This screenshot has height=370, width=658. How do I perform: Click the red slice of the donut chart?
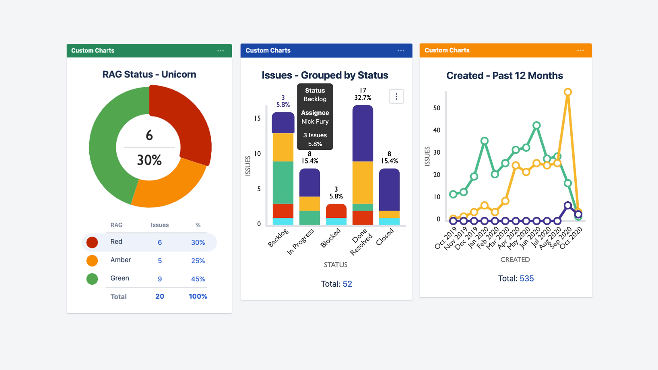[x=183, y=121]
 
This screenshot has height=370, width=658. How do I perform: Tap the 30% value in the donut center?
[x=149, y=160]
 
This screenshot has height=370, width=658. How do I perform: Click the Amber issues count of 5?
[x=160, y=261]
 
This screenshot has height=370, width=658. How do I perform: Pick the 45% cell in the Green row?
[x=198, y=279]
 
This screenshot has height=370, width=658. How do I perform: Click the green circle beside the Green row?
[x=92, y=279]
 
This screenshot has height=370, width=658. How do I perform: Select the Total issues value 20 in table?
[x=160, y=296]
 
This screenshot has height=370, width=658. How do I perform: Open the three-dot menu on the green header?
[x=221, y=51]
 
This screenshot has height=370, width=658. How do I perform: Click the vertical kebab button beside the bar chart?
[x=396, y=97]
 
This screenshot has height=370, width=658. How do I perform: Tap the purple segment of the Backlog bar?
[x=283, y=123]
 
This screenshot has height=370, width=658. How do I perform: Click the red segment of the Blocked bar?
[x=336, y=211]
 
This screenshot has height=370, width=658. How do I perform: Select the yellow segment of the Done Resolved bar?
[x=363, y=182]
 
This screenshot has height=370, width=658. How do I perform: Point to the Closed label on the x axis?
[x=385, y=237]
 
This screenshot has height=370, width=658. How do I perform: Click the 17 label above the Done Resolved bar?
[x=363, y=91]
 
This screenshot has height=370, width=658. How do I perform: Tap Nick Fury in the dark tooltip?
[x=315, y=122]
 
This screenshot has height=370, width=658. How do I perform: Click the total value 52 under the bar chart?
[x=347, y=284]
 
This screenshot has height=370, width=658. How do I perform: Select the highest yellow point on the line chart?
[x=568, y=92]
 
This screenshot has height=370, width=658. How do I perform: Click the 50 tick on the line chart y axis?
[x=437, y=108]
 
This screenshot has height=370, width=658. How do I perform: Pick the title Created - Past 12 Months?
[x=505, y=76]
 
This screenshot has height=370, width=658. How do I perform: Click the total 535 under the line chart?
[x=526, y=279]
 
